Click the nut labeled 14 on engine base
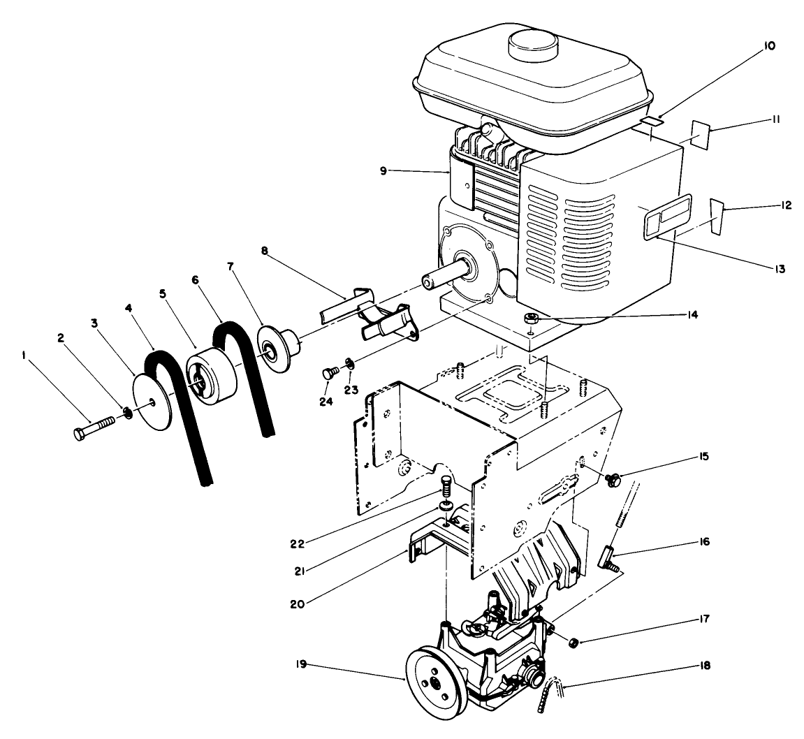[x=532, y=319]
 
